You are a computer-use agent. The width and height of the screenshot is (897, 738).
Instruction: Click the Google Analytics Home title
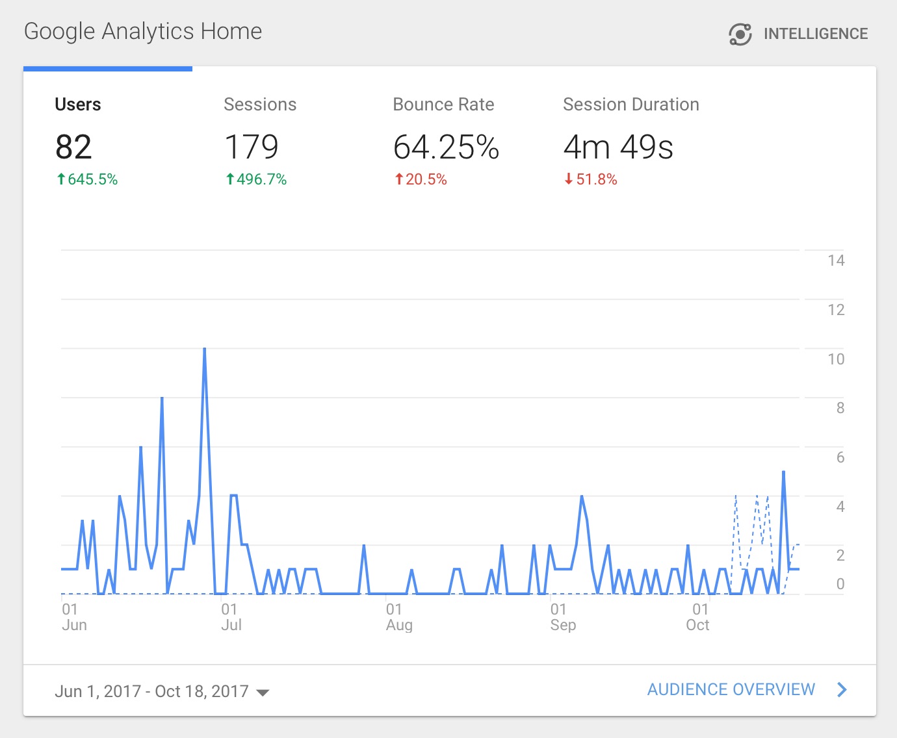(143, 31)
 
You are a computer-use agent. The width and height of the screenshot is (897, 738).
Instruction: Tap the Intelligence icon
(740, 34)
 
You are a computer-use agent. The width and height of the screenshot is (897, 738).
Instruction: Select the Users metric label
(78, 105)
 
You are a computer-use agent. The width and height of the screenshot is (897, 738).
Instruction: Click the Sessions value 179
(252, 147)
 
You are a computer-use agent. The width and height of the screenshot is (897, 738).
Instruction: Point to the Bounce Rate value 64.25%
(446, 147)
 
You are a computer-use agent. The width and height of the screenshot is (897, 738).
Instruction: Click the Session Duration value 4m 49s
(617, 147)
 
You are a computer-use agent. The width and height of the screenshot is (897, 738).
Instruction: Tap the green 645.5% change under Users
(87, 179)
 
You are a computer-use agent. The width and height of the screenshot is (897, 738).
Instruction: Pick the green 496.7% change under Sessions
(256, 179)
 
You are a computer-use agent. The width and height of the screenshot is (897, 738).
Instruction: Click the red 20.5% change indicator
(421, 179)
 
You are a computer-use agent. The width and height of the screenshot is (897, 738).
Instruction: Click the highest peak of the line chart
(205, 350)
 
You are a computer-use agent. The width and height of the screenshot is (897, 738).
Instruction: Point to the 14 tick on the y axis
(836, 261)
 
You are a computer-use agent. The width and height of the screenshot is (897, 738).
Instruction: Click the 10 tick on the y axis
(836, 359)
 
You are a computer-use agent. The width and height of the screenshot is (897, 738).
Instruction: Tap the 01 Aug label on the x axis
(398, 617)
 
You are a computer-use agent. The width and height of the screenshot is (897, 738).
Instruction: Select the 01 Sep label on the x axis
(563, 617)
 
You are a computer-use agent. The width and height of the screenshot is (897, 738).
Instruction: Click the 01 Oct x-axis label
(699, 617)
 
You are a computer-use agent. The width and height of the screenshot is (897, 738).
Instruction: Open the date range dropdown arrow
(263, 693)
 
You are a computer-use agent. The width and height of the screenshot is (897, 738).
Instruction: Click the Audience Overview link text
(731, 689)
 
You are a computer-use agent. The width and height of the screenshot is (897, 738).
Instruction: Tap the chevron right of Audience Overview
(842, 689)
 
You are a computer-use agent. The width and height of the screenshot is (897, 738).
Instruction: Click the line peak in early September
(582, 497)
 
